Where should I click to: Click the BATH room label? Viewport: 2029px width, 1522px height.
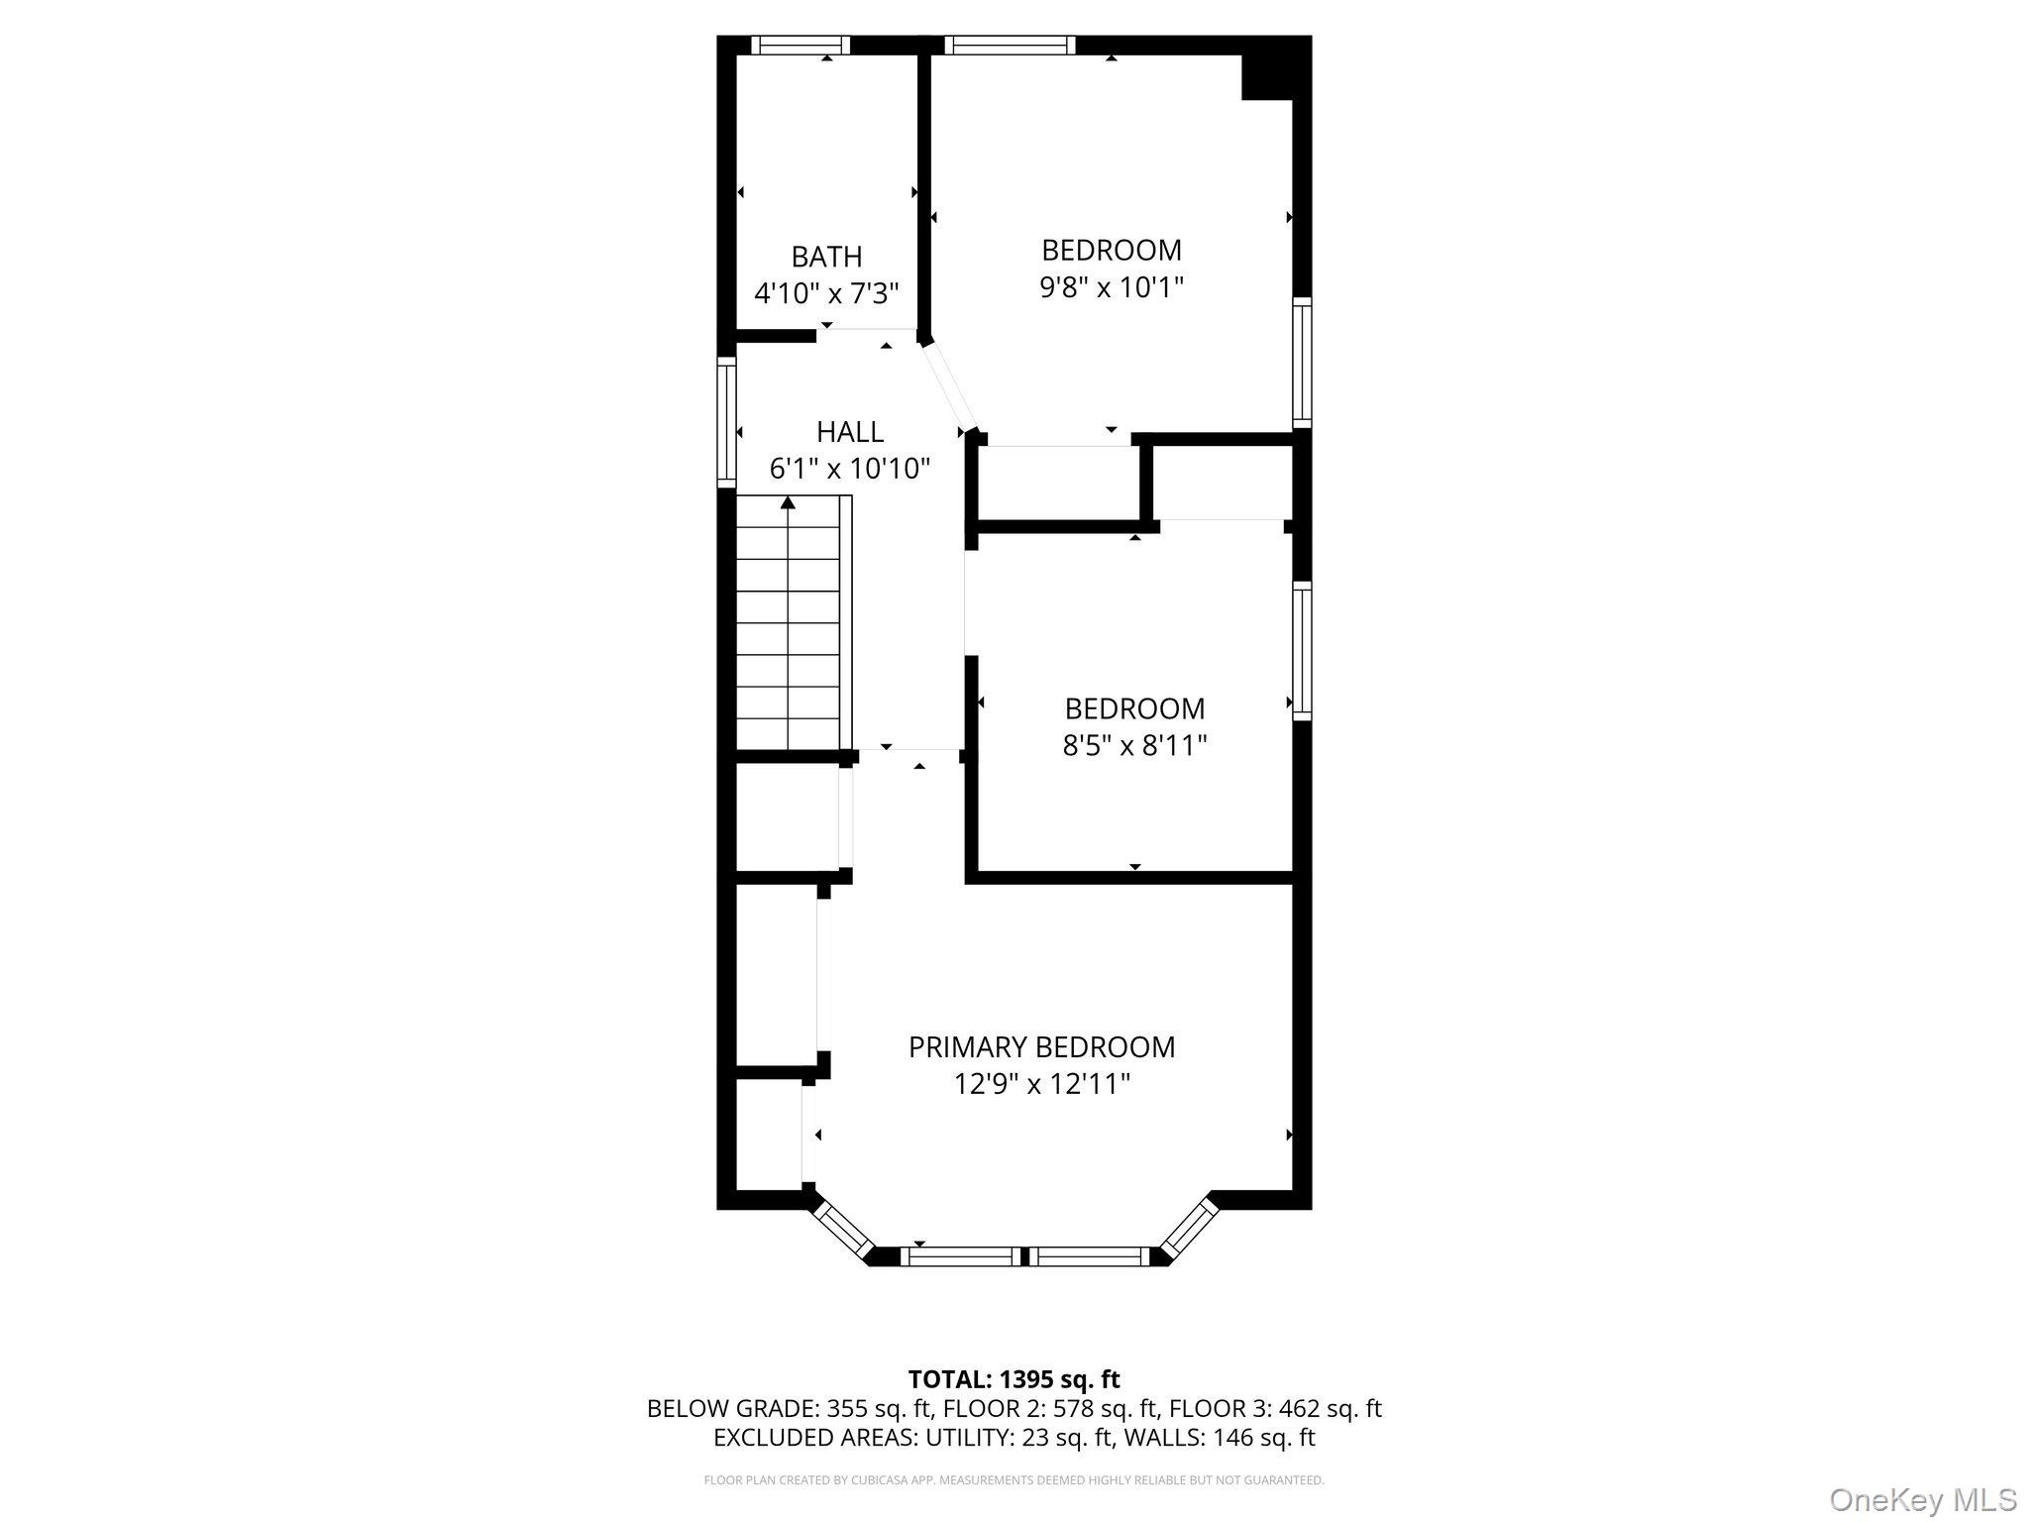826,257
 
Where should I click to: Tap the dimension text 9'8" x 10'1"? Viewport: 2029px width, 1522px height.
1112,287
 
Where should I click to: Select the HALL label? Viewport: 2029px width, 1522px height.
850,432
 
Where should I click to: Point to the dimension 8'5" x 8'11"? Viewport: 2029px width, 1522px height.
1134,745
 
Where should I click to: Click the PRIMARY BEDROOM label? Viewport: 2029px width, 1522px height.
1041,1047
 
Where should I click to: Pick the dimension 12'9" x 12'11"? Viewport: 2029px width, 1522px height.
1041,1084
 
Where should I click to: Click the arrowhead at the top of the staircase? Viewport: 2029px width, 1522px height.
788,503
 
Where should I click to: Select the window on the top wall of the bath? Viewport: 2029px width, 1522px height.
800,45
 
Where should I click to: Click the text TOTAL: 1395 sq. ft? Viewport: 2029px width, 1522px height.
1014,1379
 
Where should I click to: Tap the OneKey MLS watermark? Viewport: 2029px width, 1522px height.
1922,1499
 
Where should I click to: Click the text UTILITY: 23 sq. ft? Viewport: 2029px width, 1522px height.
950,1437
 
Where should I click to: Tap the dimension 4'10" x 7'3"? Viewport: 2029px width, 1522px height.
826,293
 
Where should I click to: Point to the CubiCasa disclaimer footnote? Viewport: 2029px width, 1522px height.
1014,1480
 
